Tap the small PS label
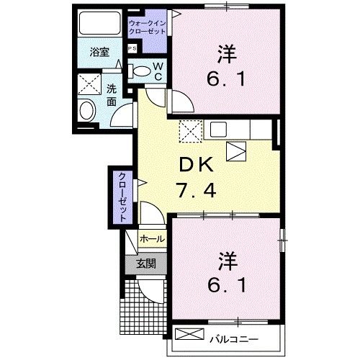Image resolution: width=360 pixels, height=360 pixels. pos(131,48)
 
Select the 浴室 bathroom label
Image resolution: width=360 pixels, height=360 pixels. pos(99,53)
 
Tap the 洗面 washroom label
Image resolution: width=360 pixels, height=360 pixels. pos(112,95)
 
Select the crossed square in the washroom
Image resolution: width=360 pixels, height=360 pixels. pos(92,85)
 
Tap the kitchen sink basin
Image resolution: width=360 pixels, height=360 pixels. pos(218,130)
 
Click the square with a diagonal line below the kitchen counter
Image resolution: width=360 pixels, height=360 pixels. pos(235,150)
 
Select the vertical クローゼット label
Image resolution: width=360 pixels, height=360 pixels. pos(122,197)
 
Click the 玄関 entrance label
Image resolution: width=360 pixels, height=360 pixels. pos(146,264)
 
